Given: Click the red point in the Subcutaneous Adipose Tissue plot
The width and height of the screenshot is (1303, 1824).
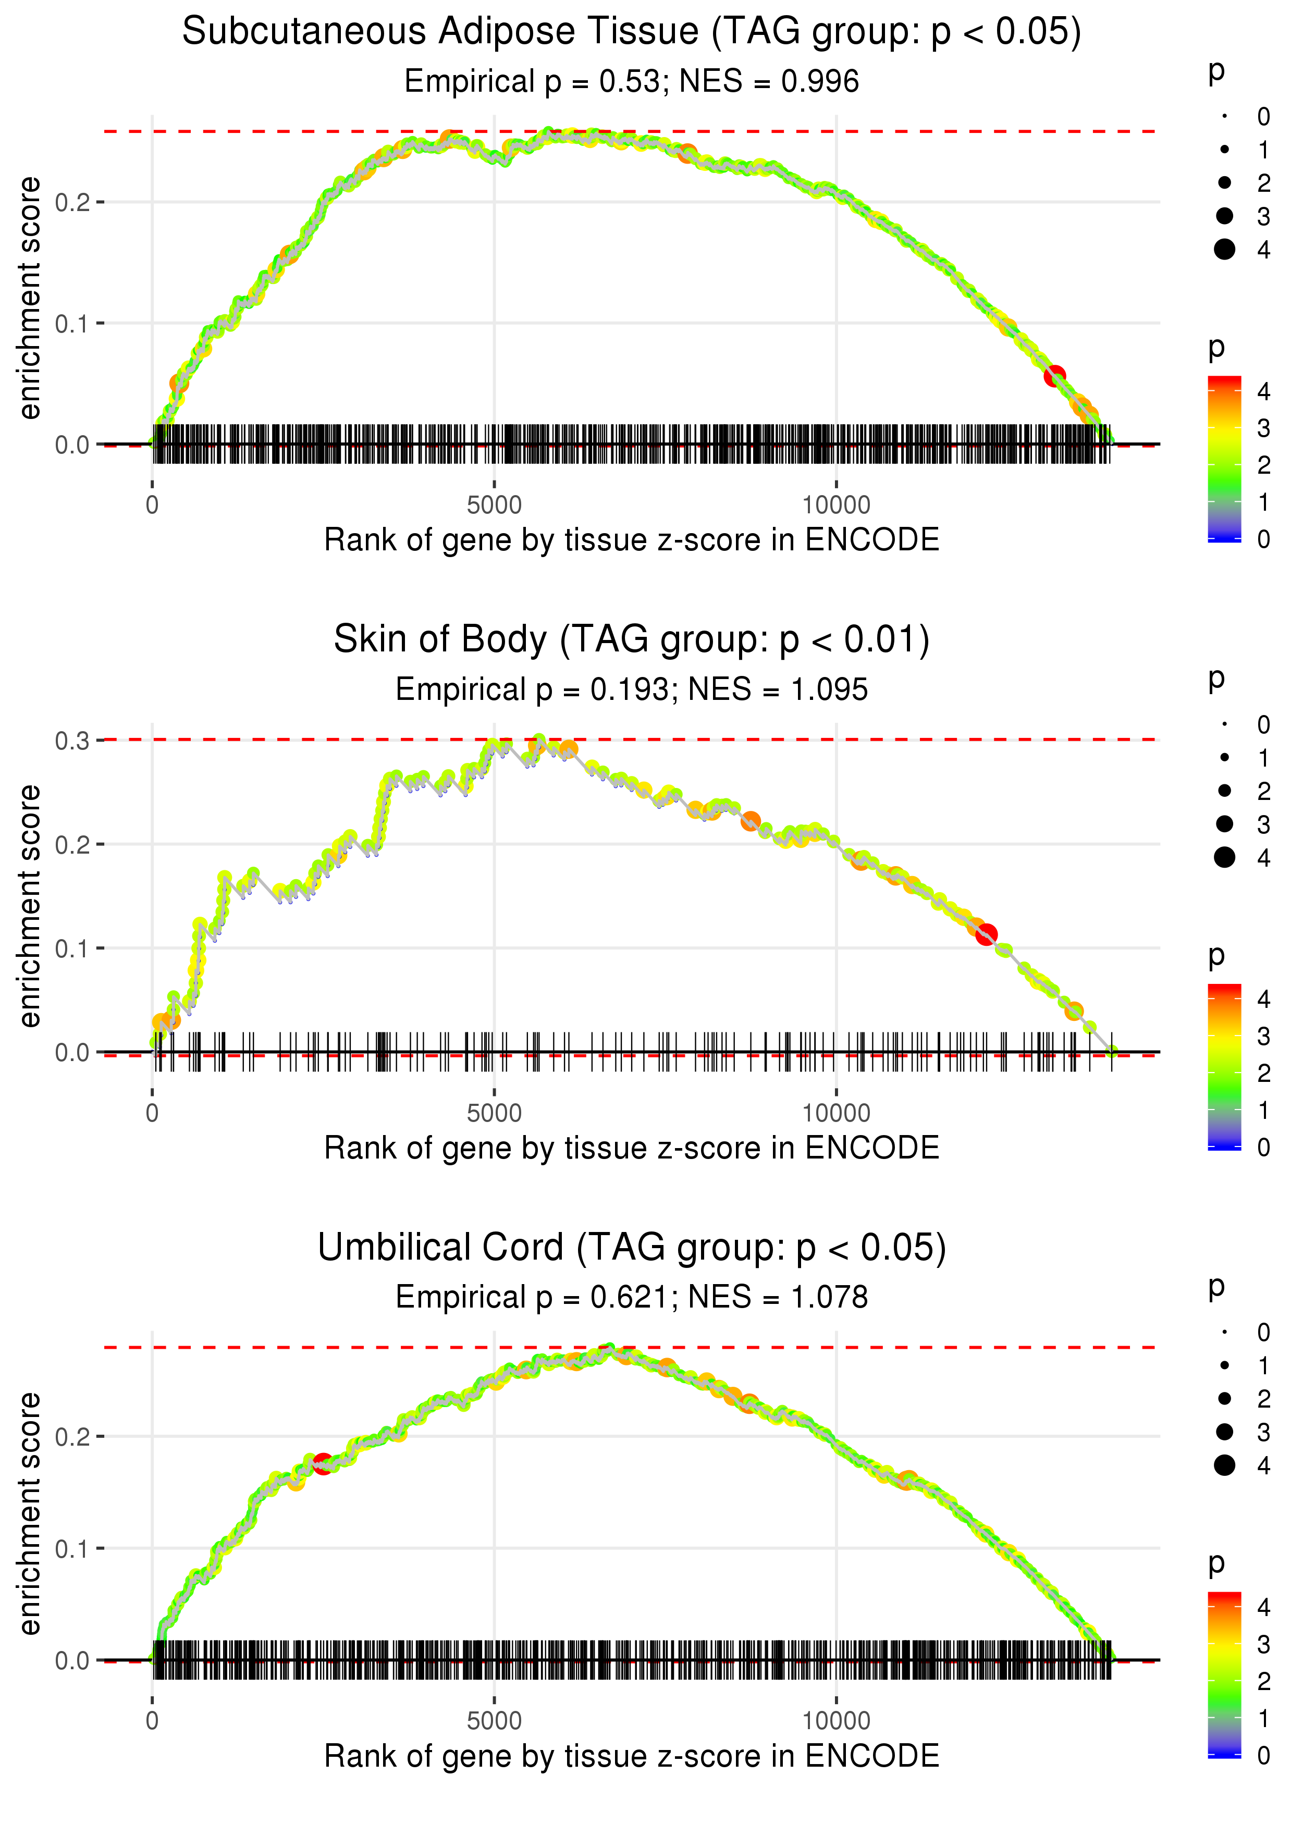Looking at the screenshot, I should click(1054, 375).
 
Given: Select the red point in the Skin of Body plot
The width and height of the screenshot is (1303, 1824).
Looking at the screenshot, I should click(987, 934).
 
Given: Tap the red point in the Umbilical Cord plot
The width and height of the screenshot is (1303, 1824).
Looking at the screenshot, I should click(323, 1463).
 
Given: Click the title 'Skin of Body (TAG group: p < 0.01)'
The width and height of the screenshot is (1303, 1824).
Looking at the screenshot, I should click(632, 639).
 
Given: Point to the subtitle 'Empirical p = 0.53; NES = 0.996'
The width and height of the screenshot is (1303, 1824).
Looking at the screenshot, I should click(632, 81).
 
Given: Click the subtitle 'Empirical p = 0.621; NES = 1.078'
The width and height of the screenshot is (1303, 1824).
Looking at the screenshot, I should click(632, 1297).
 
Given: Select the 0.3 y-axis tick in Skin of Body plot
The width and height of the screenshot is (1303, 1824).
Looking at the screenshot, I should click(72, 741).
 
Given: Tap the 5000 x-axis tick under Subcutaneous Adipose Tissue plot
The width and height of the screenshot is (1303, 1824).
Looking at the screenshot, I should click(494, 506).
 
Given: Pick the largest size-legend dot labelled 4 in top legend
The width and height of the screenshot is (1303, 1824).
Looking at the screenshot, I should click(1224, 250).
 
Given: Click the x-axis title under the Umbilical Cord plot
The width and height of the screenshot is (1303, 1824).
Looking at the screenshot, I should click(632, 1756).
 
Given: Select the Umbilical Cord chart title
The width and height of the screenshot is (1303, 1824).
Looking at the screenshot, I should click(632, 1247).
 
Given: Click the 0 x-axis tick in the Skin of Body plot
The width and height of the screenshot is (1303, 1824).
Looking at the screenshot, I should click(152, 1113).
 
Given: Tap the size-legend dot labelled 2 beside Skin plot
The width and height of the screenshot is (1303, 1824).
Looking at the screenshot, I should click(1224, 791).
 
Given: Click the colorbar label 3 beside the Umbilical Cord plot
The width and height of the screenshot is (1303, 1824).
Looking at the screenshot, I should click(1264, 1644).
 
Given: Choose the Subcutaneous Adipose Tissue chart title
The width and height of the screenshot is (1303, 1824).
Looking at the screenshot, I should click(632, 31).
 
